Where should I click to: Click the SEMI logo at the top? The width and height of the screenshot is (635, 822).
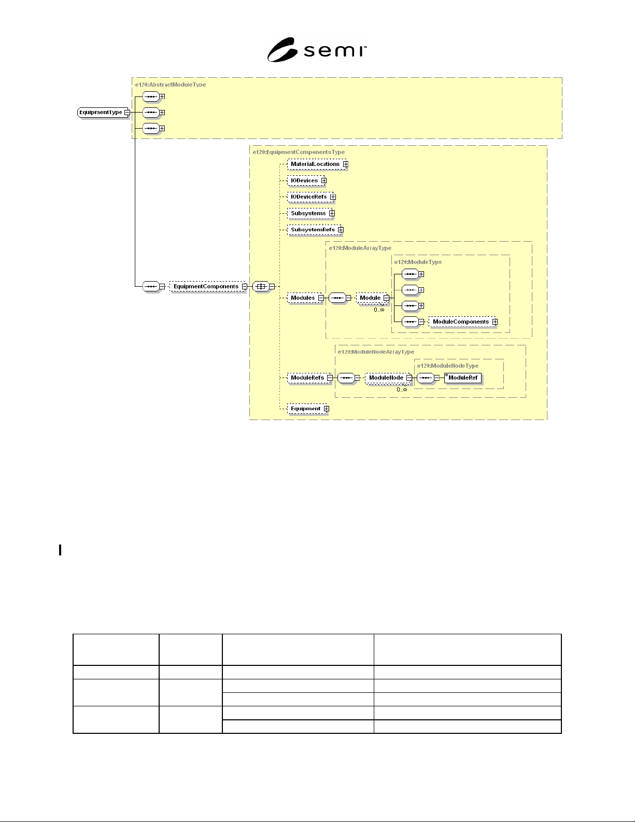click(x=317, y=50)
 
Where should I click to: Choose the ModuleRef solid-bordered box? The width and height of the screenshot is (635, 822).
click(x=463, y=378)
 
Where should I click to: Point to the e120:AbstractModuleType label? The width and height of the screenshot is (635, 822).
click(x=171, y=85)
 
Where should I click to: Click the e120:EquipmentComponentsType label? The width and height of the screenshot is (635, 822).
click(x=299, y=152)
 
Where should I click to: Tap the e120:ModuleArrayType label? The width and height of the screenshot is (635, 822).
click(x=360, y=248)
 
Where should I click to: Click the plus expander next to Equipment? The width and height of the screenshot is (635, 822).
click(x=327, y=409)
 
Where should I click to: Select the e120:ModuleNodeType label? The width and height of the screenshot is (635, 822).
click(x=448, y=366)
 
